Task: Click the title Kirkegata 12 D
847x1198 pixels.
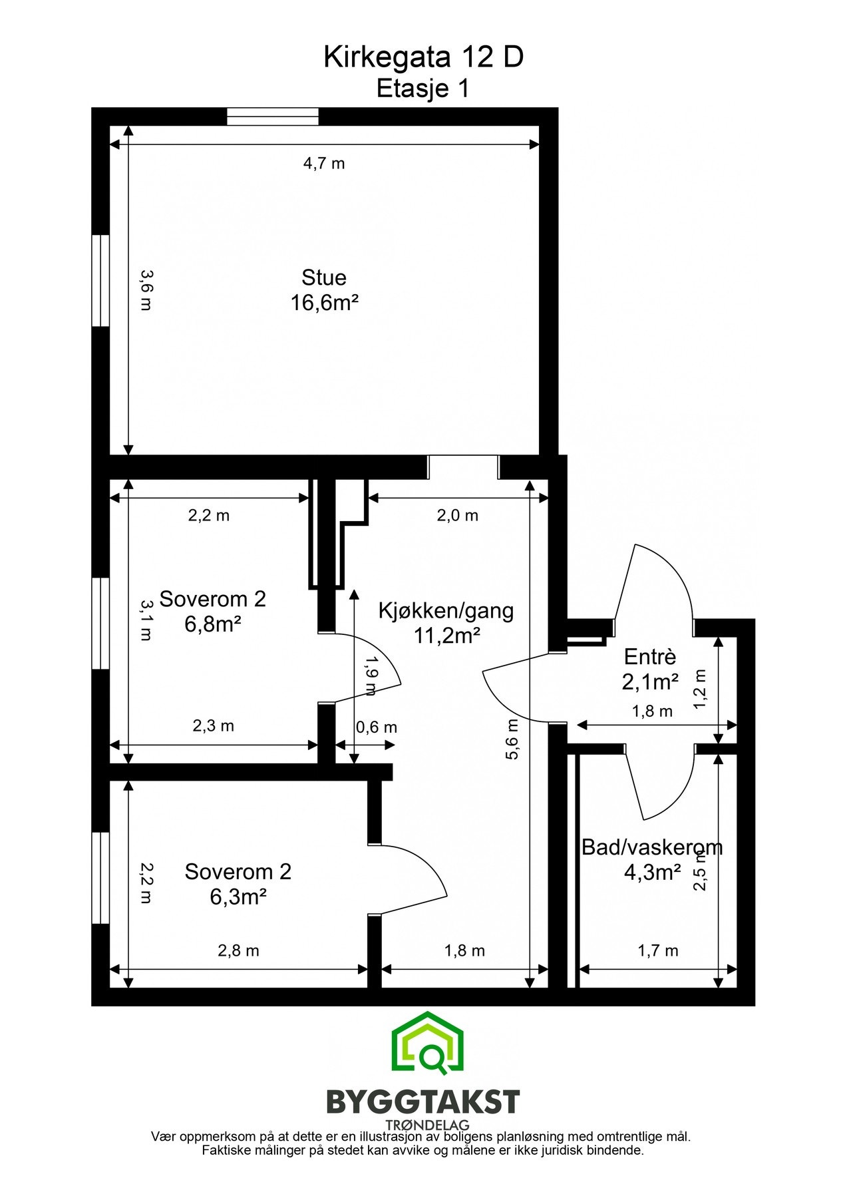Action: click(423, 59)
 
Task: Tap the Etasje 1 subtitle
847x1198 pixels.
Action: click(423, 89)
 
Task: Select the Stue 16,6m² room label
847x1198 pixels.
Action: click(324, 290)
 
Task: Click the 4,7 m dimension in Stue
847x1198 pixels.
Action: click(324, 164)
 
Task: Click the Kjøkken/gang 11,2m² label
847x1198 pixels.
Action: click(446, 622)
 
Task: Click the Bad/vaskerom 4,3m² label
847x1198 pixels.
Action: click(651, 859)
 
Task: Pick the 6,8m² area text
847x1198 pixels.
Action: click(213, 624)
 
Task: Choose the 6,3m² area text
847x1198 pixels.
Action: click(238, 897)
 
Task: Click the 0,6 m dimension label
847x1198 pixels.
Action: click(376, 727)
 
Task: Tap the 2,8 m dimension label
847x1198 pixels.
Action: click(238, 951)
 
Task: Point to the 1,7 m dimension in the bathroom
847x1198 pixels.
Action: click(657, 951)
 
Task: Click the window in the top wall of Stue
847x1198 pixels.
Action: click(273, 117)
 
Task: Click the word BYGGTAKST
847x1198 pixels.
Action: click(423, 1102)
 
